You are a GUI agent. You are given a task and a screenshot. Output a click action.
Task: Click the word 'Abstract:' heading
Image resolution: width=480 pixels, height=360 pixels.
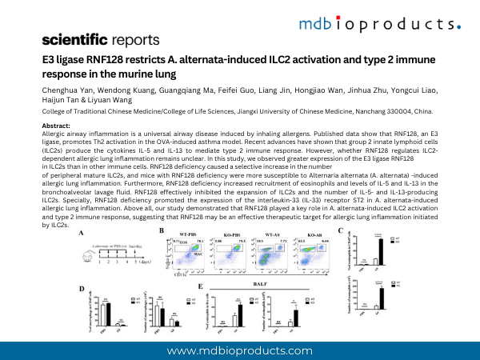point(55,126)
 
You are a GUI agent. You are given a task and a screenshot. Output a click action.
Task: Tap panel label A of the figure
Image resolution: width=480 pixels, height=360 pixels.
point(82,233)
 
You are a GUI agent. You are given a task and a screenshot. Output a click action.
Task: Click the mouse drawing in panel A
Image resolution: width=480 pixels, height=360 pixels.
point(89,258)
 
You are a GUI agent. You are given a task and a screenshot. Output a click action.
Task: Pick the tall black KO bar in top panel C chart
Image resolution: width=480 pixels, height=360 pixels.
point(380,250)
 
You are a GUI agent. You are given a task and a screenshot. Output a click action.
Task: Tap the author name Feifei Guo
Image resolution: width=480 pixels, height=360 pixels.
point(243,97)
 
